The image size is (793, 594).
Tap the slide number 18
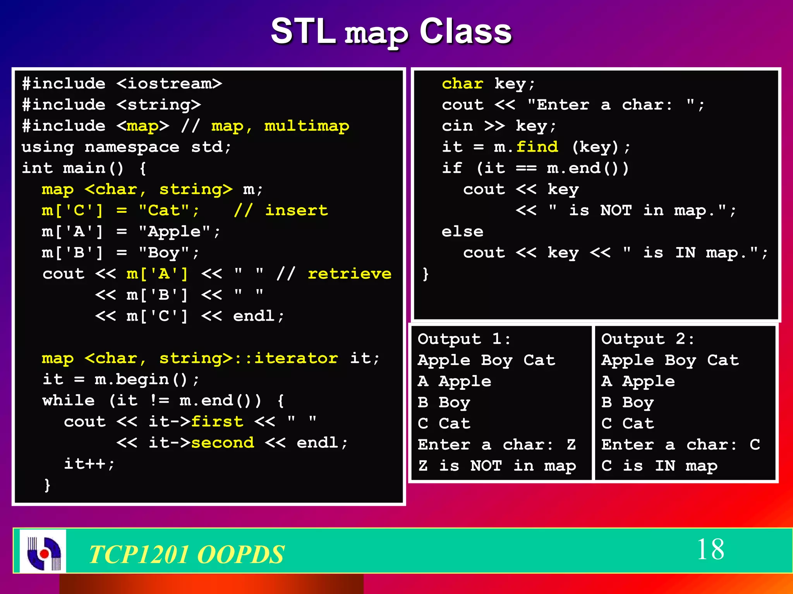pos(710,549)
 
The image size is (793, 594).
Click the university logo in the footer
pos(43,551)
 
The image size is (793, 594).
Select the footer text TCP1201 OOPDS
pos(187,554)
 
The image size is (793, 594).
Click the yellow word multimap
pos(306,126)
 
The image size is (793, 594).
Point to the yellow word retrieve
pos(349,274)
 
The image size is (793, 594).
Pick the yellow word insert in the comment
pos(296,210)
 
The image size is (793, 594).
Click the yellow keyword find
pos(537,147)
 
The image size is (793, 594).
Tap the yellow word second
pos(223,442)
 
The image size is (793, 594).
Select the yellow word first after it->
pos(217,422)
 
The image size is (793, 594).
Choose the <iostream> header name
pos(169,84)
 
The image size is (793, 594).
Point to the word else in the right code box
pos(462,232)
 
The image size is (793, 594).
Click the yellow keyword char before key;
pos(462,84)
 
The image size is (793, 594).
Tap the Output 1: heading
pos(464,339)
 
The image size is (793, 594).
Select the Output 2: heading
pos(647,339)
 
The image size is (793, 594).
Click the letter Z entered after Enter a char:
pos(571,445)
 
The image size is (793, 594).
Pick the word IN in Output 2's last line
pos(665,466)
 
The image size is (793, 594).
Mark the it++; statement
pos(89,464)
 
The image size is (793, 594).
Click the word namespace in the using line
pos(132,147)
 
